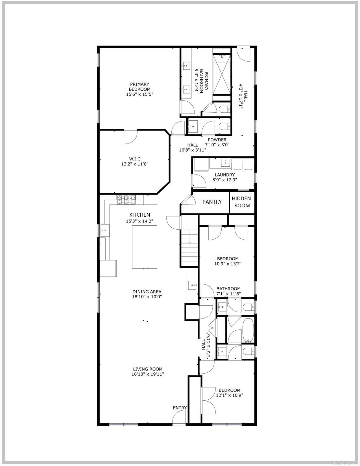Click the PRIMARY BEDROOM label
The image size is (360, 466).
pos(139,87)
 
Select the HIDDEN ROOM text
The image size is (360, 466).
pos(241,202)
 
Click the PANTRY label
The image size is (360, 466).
pos(212,202)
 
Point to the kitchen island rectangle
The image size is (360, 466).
pos(145,247)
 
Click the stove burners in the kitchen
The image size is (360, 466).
pos(126,200)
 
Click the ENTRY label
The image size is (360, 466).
pos(180,408)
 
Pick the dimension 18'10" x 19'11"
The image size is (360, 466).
pos(148,374)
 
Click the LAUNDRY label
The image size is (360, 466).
pos(224,175)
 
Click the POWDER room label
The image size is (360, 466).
pos(217,140)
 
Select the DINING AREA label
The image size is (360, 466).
pos(147,292)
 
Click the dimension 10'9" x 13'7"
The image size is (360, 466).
pos(228,264)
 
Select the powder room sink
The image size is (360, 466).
pos(193,126)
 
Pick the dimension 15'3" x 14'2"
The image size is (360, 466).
pos(139,221)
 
